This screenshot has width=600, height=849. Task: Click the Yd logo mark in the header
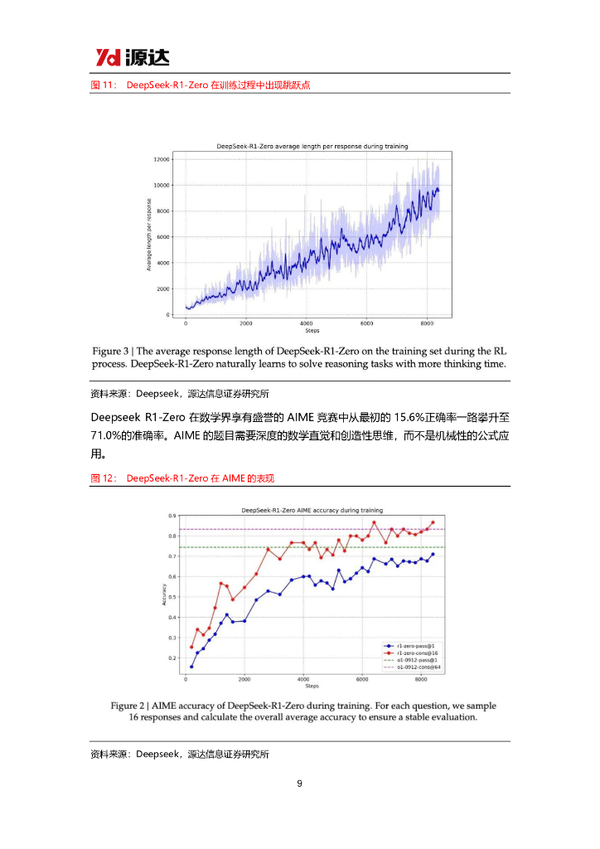[108, 57]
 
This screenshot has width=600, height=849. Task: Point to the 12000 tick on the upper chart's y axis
[162, 159]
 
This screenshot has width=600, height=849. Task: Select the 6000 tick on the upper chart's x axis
[367, 323]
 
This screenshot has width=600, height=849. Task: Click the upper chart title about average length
[312, 146]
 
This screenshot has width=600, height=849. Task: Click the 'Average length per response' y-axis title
[149, 235]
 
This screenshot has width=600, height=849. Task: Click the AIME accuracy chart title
[312, 511]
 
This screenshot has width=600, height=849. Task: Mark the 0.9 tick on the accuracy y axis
[172, 516]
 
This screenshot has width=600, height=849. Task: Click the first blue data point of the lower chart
[191, 667]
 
